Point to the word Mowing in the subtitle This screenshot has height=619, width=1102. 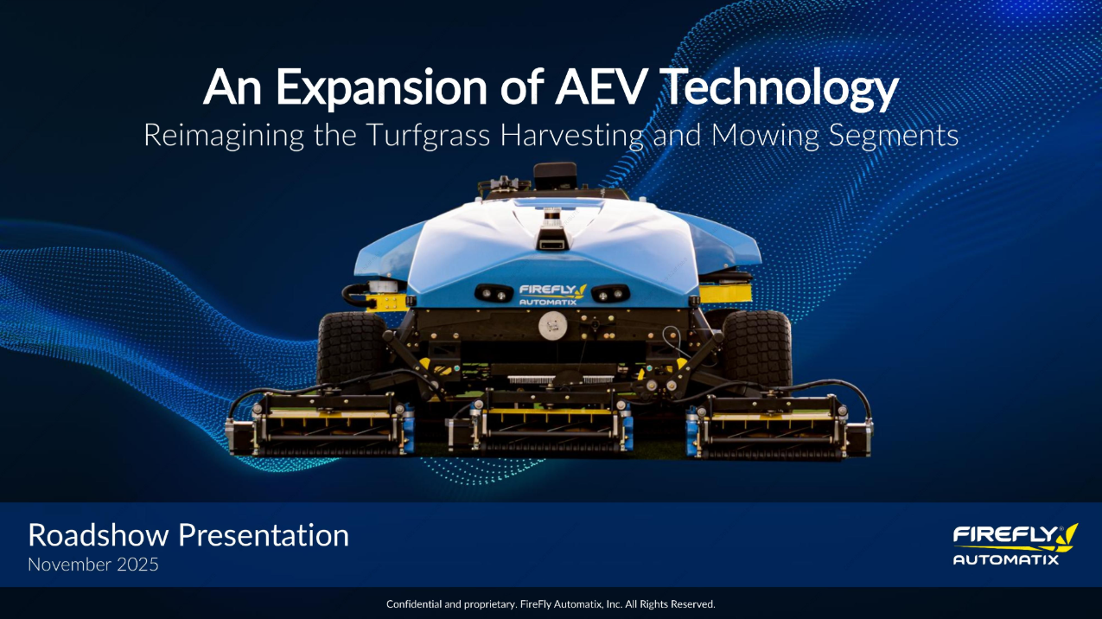[x=765, y=136]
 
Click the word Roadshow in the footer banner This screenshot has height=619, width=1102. [x=99, y=535]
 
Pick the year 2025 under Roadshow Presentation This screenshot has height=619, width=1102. [x=137, y=565]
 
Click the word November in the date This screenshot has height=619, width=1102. [x=70, y=565]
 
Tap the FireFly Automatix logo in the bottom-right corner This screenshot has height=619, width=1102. [x=1016, y=545]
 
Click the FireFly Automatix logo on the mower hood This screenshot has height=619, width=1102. [x=552, y=294]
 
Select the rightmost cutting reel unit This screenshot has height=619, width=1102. [x=780, y=426]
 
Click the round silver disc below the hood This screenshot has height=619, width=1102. [x=552, y=326]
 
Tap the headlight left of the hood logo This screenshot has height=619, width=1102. [x=494, y=294]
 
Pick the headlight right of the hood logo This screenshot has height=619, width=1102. [x=610, y=294]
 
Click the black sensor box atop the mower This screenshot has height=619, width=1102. [x=555, y=175]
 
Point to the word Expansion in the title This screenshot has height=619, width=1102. [x=381, y=88]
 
